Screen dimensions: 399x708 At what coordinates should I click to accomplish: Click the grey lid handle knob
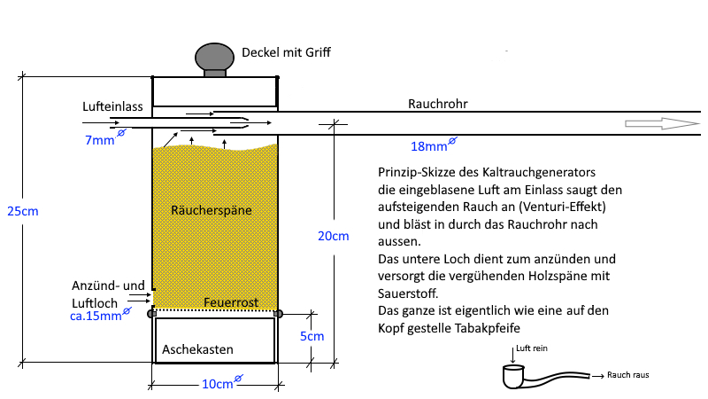[x=215, y=58]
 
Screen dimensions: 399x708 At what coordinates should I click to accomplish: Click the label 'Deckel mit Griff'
[x=288, y=53]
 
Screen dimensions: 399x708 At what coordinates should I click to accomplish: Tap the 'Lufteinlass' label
[x=112, y=106]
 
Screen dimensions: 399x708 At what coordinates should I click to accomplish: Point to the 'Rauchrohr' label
[x=437, y=104]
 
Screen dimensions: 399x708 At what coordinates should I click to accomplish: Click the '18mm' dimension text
[x=428, y=145]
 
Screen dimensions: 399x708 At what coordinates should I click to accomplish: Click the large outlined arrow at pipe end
[x=660, y=124]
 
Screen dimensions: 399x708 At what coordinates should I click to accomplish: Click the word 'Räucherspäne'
[x=212, y=210]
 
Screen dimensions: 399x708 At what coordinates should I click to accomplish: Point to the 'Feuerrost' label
[x=231, y=302]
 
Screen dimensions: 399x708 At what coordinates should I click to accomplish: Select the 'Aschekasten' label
[x=197, y=350]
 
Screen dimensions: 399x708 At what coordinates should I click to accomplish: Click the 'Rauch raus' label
[x=629, y=375]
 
